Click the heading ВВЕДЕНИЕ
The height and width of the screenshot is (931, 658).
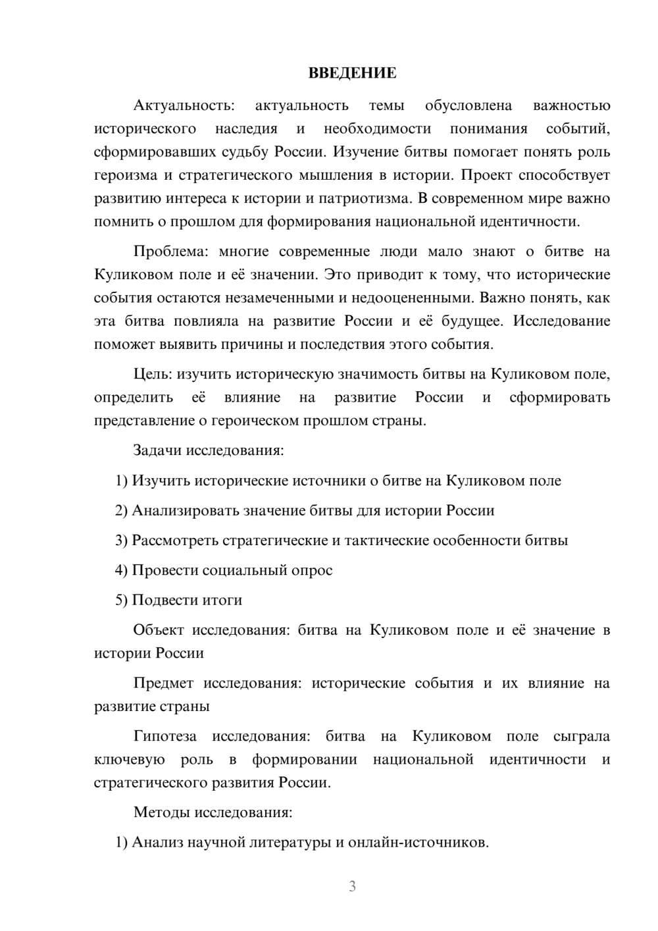coord(352,73)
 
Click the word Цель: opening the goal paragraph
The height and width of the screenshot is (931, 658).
coord(153,374)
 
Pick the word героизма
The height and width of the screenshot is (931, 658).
coord(126,175)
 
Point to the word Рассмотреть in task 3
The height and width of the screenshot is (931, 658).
coord(174,541)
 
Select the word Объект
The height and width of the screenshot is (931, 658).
coord(159,630)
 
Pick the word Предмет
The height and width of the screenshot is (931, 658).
coord(164,683)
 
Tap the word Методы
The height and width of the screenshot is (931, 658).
coord(162,812)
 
